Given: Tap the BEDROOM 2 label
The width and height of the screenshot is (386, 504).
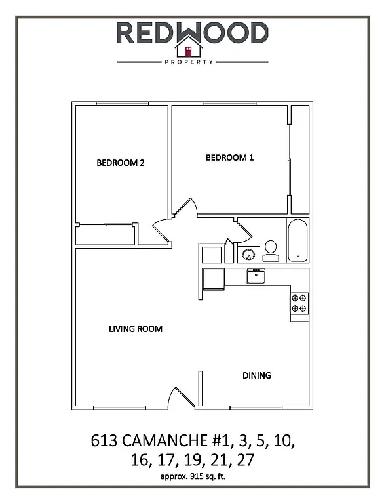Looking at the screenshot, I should [120, 163].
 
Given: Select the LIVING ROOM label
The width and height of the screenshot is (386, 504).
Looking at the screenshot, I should [135, 329].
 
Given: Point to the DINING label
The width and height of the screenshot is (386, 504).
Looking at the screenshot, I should [257, 375].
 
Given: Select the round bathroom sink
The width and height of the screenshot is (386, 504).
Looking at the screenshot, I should [249, 254].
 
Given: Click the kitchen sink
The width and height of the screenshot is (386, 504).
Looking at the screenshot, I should [255, 276].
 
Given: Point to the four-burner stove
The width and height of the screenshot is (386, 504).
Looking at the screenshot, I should [299, 303].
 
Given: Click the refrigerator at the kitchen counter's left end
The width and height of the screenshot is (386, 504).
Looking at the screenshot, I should [212, 278].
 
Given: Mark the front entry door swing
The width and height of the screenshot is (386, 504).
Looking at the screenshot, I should [182, 396].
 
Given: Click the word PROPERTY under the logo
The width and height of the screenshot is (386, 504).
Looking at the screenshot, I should [193, 62].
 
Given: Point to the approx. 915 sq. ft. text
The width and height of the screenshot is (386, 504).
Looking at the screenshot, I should [193, 478].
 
